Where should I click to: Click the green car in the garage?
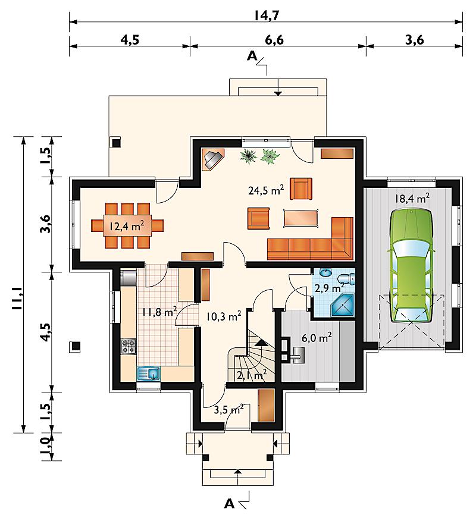[412, 266]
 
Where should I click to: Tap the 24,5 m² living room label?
[266, 190]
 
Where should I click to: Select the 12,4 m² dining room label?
[127, 227]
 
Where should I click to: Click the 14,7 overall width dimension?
[267, 15]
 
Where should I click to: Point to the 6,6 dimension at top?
[274, 40]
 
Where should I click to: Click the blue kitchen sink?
[148, 374]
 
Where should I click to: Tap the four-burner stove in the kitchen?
[129, 347]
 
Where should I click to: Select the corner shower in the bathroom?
[342, 305]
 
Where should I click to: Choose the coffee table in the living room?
[301, 218]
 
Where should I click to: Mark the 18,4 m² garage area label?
[412, 199]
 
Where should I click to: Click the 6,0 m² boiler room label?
[317, 338]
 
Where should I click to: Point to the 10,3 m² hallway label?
[224, 316]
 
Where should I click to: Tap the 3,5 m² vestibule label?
[228, 409]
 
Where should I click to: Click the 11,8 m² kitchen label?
[159, 312]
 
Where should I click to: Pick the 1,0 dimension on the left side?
[46, 447]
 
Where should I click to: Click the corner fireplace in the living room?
[213, 159]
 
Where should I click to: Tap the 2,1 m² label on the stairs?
[252, 375]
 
